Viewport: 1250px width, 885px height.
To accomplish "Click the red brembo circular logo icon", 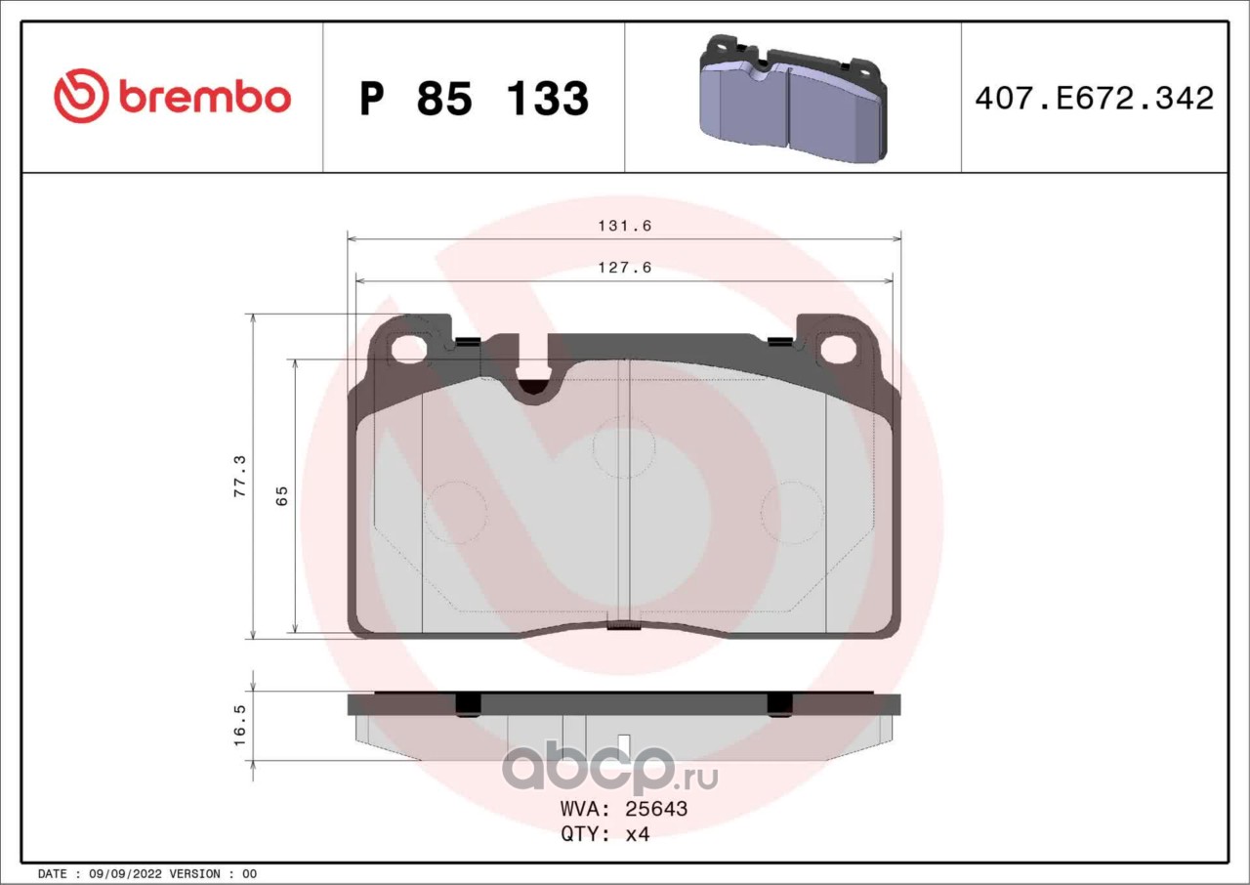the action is click(x=81, y=96).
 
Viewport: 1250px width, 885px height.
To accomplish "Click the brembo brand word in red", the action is click(x=205, y=97).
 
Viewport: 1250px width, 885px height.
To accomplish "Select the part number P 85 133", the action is click(x=475, y=99).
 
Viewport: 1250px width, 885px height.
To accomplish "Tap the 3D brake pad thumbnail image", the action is click(x=793, y=99).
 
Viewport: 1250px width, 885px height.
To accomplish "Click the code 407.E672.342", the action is click(x=1095, y=99).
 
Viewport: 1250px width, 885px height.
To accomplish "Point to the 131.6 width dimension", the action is click(x=625, y=226).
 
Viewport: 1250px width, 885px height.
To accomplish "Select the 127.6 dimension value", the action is click(x=625, y=268).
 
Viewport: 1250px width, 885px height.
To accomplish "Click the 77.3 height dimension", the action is click(x=239, y=476).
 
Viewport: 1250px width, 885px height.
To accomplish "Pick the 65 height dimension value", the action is click(x=282, y=495).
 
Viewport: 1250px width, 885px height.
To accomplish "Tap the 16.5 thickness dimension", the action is click(x=239, y=726).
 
